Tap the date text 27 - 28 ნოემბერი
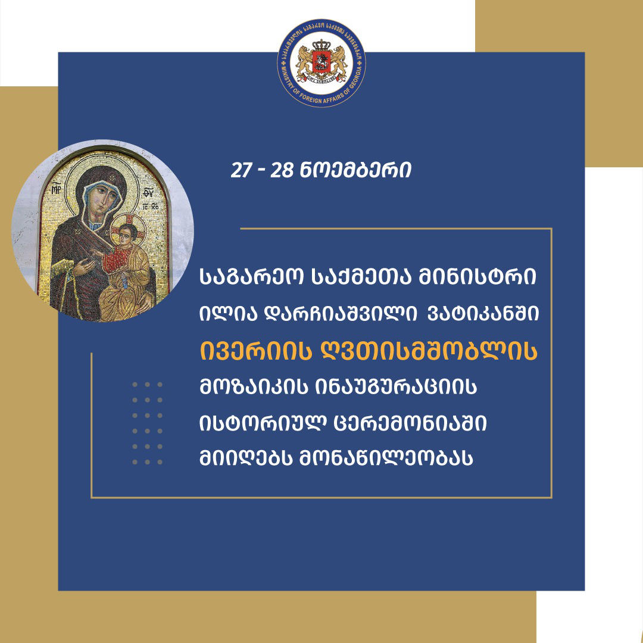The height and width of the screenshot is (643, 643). (x=321, y=171)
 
